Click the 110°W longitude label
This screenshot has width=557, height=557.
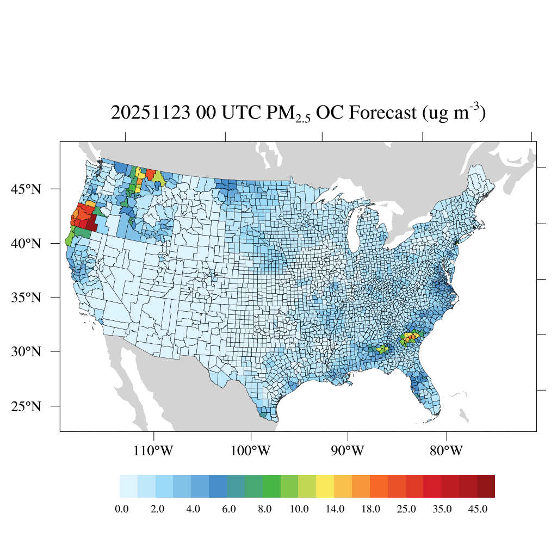[154, 451]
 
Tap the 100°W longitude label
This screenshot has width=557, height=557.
[251, 451]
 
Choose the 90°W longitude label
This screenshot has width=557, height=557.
[348, 451]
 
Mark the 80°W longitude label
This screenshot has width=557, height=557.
[447, 451]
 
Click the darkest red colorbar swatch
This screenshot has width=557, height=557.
[486, 486]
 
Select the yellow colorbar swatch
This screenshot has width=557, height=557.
[325, 486]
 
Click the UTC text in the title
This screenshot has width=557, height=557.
[241, 113]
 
